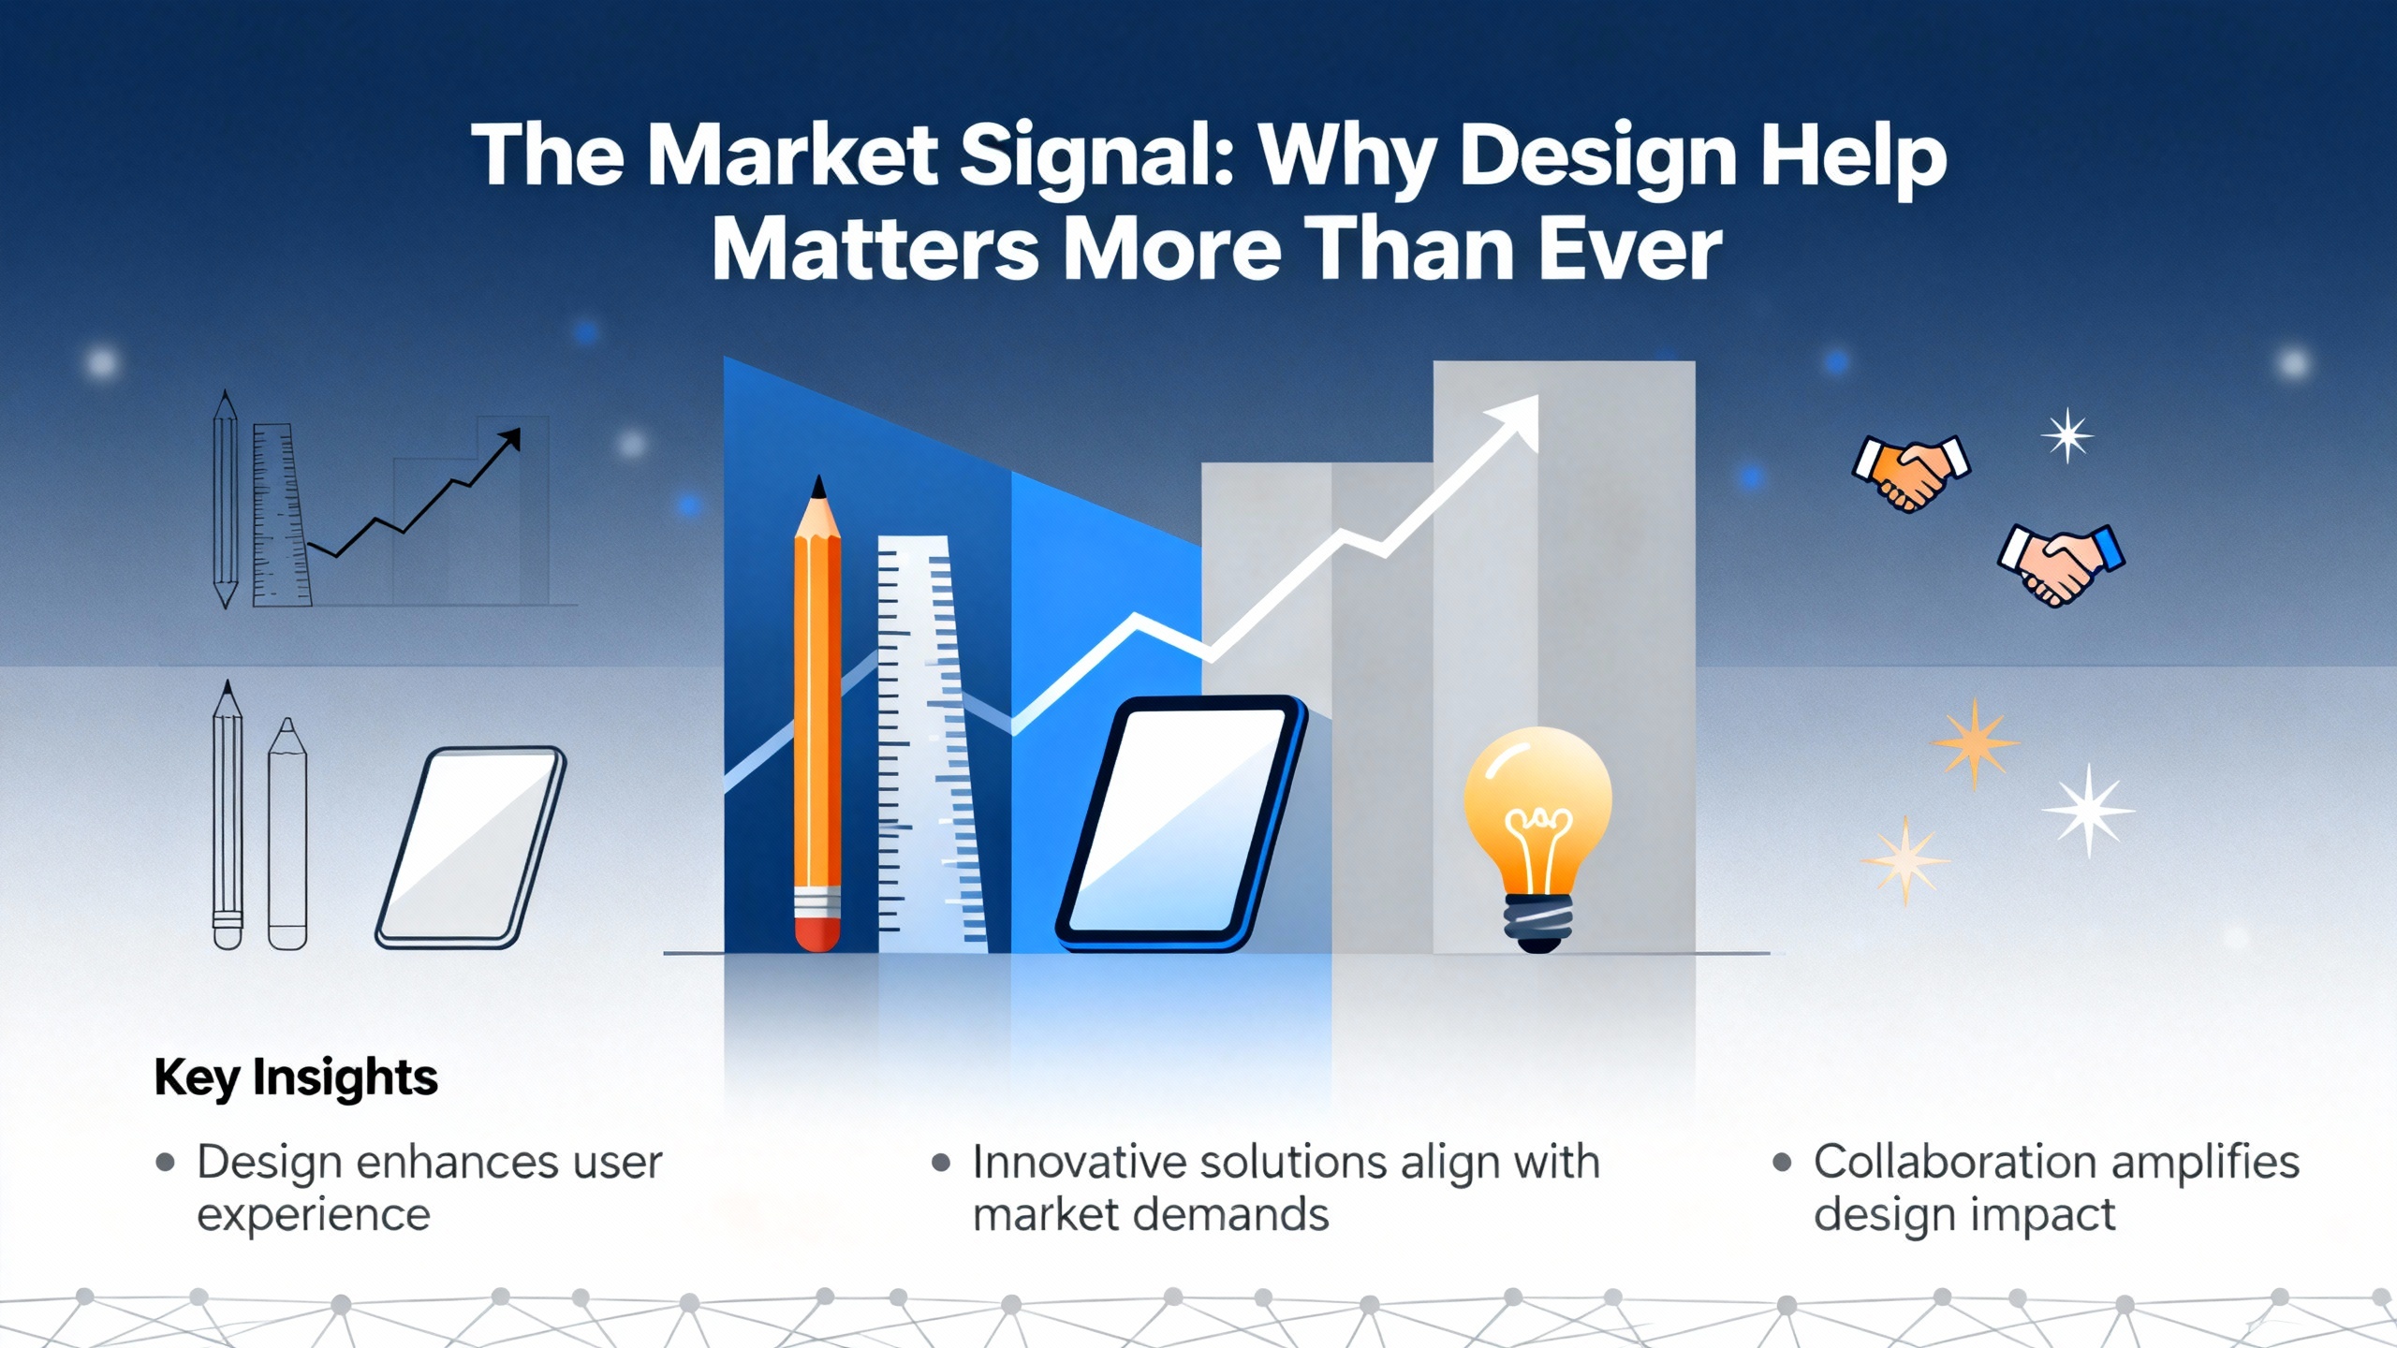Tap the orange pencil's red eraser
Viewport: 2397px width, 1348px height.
pyautogui.click(x=817, y=934)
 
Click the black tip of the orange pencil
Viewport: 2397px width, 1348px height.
pyautogui.click(x=819, y=487)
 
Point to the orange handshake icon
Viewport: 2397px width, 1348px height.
pyautogui.click(x=1911, y=473)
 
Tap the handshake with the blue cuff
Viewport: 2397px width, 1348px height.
pyautogui.click(x=2061, y=564)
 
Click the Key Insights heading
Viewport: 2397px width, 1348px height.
pyautogui.click(x=296, y=1077)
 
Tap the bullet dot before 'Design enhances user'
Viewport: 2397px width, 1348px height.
pyautogui.click(x=166, y=1163)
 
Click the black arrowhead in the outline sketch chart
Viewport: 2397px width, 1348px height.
pyautogui.click(x=510, y=439)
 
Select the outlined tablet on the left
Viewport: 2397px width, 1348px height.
pyautogui.click(x=471, y=847)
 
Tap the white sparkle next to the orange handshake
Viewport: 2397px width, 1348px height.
pyautogui.click(x=2067, y=435)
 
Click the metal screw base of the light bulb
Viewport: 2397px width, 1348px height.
pyautogui.click(x=1537, y=922)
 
